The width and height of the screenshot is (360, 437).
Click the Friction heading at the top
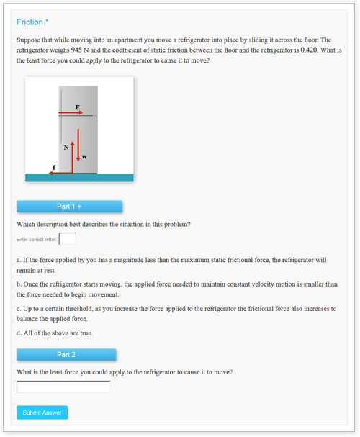32,22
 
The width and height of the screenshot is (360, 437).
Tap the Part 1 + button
69,207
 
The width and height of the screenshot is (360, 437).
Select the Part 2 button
66,355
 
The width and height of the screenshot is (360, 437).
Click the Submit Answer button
42,413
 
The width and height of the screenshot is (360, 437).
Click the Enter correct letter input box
67,239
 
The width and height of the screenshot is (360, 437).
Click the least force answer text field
63,387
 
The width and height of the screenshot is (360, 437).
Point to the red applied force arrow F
71,112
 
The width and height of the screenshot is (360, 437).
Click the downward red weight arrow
78,145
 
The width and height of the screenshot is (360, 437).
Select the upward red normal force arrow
73,158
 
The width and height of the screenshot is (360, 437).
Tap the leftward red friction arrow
61,173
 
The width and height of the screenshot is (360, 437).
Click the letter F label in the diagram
78,107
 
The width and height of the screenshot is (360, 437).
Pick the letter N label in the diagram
66,148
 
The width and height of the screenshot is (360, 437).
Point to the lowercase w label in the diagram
84,157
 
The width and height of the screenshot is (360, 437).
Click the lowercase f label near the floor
54,167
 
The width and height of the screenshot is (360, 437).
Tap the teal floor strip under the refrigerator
79,178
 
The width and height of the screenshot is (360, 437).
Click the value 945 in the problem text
76,50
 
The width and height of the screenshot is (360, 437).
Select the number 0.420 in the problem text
309,50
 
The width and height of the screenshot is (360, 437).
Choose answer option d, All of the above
55,333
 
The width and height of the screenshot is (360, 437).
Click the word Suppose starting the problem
28,40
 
